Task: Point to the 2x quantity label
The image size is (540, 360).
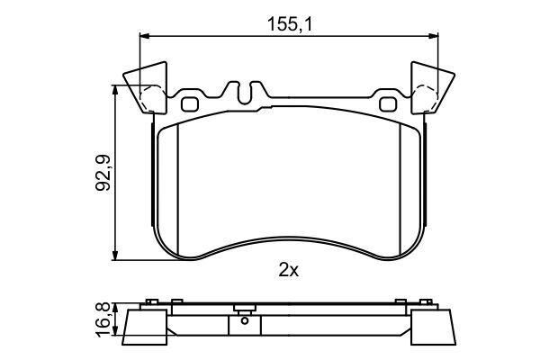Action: [289, 268]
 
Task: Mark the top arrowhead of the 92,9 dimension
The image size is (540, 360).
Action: [116, 90]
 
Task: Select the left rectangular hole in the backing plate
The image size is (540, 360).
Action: [189, 103]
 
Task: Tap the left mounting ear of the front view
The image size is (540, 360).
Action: [147, 88]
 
